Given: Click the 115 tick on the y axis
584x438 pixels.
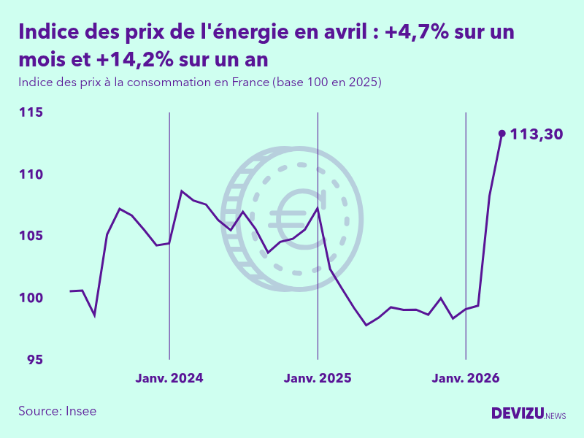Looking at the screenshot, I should click(31, 112).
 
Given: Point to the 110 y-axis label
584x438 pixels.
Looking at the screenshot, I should click(31, 174).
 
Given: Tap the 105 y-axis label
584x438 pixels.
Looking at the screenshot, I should click(31, 236).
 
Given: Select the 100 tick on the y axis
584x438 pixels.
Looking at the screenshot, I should click(31, 298).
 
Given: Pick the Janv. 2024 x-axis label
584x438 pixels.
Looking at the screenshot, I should click(169, 378).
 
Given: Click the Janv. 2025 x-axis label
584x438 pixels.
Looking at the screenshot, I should click(318, 378).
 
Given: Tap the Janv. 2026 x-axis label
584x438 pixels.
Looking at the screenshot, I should click(466, 378).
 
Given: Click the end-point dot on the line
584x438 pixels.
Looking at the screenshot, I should click(502, 133).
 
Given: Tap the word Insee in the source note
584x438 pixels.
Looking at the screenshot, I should click(81, 411).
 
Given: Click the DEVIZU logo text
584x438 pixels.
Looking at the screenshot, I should click(518, 413).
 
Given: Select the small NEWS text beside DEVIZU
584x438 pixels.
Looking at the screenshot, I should click(556, 415).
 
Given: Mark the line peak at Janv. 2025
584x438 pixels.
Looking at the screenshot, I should click(318, 208).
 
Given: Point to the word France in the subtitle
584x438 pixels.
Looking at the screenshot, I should click(250, 82).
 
